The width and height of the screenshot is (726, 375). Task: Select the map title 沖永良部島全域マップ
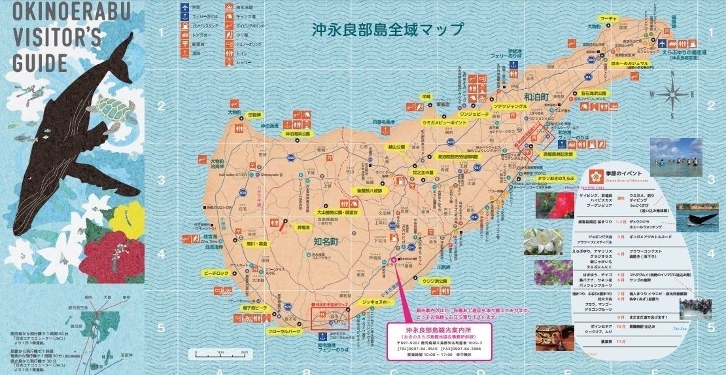click(x=387, y=29)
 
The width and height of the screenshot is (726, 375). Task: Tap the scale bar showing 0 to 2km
click(x=218, y=355)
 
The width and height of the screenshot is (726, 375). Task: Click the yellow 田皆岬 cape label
click(x=254, y=114)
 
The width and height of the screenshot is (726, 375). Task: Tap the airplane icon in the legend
click(x=186, y=9)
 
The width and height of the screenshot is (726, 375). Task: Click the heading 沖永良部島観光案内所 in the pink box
click(x=438, y=329)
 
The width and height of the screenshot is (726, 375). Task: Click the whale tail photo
click(x=697, y=218)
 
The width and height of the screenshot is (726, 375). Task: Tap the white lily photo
click(x=542, y=242)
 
